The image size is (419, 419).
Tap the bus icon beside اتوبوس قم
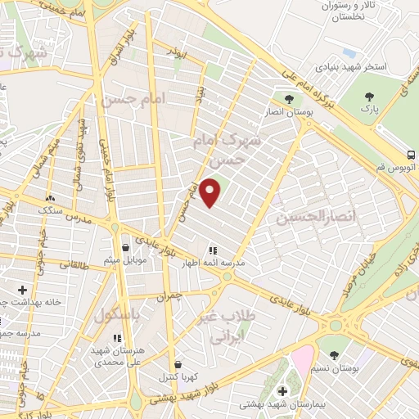410,155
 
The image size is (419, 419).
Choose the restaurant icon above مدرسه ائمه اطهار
212,251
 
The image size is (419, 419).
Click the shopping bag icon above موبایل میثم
124,247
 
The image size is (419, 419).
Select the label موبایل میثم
124,260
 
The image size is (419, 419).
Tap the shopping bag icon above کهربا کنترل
178,365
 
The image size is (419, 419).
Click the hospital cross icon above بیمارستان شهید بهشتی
283,391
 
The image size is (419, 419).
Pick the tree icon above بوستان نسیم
335,354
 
